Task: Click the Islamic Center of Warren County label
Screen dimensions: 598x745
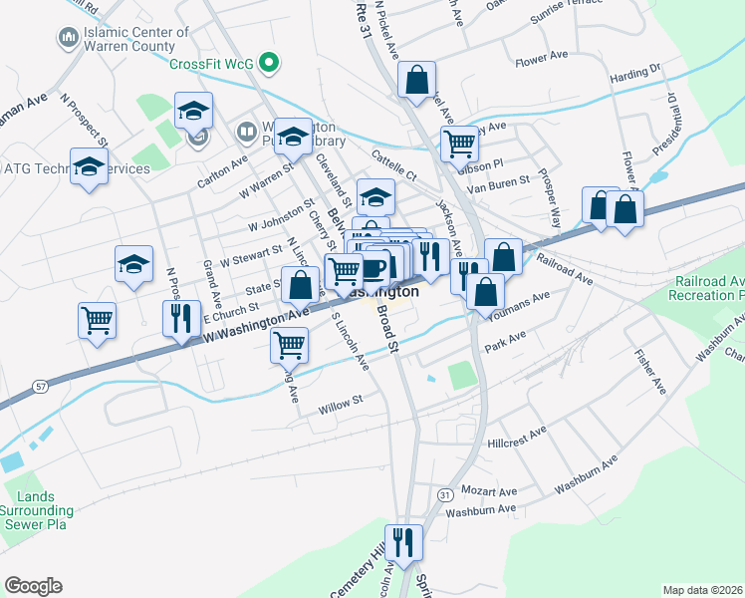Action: click(135, 39)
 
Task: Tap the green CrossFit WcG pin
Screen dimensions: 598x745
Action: click(267, 63)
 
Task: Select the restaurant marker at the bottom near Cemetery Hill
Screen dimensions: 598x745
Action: click(403, 544)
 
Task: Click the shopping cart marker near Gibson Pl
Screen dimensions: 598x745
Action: click(459, 145)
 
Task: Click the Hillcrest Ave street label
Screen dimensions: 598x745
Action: click(517, 436)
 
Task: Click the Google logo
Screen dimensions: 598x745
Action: click(33, 586)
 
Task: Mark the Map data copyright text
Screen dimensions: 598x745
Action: click(701, 590)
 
